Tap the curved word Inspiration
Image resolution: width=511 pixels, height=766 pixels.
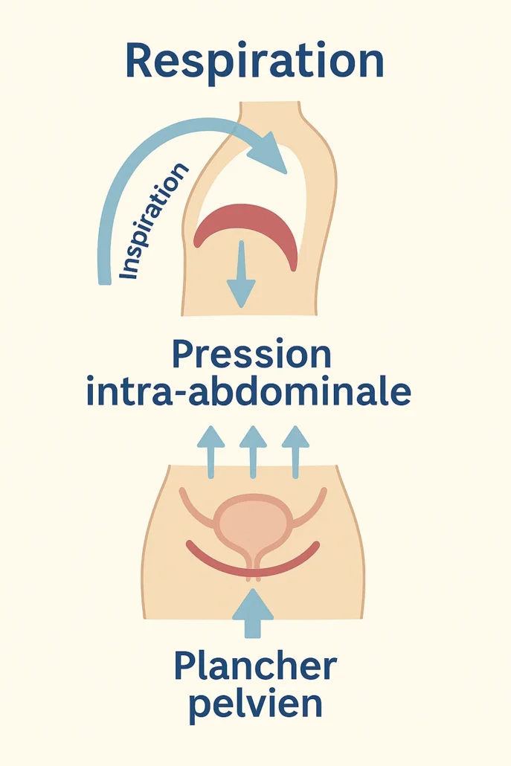coord(153,222)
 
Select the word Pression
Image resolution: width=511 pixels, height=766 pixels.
coord(252,355)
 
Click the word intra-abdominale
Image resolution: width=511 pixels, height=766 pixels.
coord(248,391)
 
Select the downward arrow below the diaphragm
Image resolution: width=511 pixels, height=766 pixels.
coord(241,274)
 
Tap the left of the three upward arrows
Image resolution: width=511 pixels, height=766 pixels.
coord(210,452)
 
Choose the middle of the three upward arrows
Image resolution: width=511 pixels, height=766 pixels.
coord(253,452)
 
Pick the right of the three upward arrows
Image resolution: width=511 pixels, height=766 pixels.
coord(295,452)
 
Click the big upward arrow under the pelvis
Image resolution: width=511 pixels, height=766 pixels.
coord(253,613)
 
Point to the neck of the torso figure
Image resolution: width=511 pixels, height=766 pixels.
coord(269,115)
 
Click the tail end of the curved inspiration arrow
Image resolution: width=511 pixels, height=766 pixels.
coord(103,280)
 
